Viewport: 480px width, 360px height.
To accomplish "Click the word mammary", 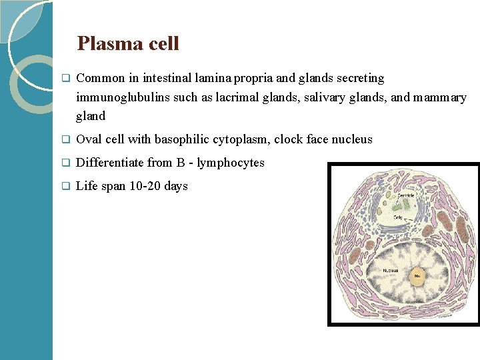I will click(440, 97).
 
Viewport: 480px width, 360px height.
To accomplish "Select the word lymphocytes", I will click(231, 163).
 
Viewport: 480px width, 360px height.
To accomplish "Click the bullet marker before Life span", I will click(65, 187).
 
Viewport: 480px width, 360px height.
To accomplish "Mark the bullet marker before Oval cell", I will click(65, 140).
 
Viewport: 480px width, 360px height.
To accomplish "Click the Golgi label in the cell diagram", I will click(398, 217).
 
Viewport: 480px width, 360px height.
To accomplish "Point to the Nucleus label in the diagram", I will click(391, 270).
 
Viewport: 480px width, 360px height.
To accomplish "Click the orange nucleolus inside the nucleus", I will click(417, 275).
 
